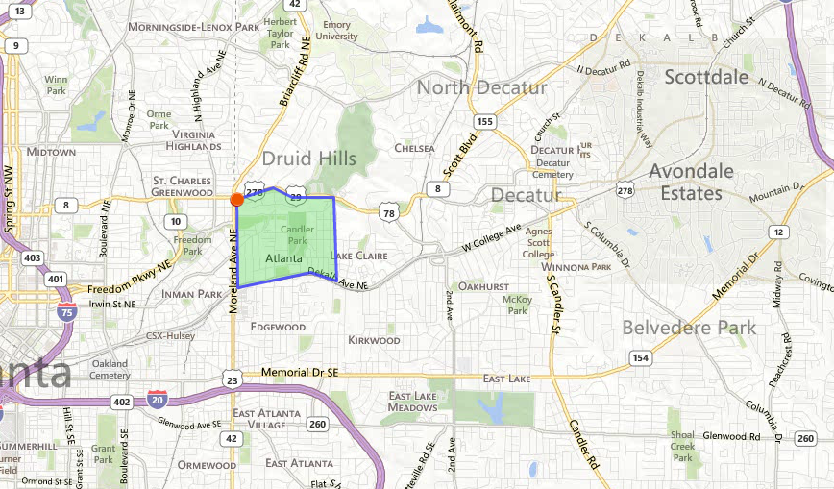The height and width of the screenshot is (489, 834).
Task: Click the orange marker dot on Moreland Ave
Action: click(236, 200)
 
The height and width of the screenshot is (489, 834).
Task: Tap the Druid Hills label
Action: click(308, 159)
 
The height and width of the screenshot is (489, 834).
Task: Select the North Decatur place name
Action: click(481, 87)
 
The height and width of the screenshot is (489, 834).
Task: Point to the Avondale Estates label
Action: click(692, 183)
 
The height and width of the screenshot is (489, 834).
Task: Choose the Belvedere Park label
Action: click(689, 328)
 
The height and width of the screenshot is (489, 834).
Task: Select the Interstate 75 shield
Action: click(66, 311)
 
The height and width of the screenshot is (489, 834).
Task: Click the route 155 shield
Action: click(485, 122)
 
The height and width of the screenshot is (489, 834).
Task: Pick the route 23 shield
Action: click(233, 380)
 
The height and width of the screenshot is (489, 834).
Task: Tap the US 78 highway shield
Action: click(387, 211)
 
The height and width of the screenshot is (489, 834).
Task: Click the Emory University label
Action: click(337, 31)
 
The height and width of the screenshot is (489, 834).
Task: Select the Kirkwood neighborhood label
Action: click(374, 340)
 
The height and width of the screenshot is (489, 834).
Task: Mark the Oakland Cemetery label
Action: click(110, 369)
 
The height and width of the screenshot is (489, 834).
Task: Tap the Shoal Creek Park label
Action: click(682, 447)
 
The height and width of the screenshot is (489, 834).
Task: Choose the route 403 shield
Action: click(33, 257)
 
